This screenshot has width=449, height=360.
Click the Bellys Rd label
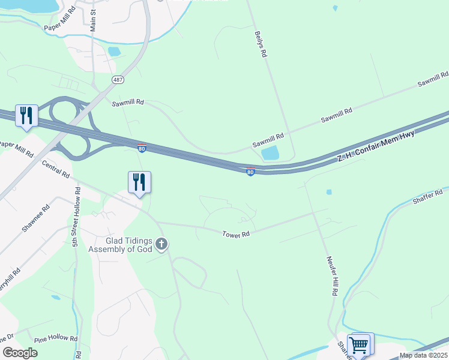pyautogui.click(x=260, y=44)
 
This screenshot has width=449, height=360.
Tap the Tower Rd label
pyautogui.click(x=236, y=235)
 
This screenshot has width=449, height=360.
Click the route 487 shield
pyautogui.click(x=118, y=79)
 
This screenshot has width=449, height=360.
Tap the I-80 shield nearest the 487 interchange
pyautogui.click(x=141, y=148)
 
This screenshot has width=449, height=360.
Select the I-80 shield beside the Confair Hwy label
pyautogui.click(x=250, y=172)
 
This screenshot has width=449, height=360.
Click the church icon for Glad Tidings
pyautogui.click(x=161, y=244)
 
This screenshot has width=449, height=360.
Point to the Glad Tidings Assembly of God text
pyautogui.click(x=118, y=245)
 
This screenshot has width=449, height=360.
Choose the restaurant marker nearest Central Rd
pyautogui.click(x=139, y=182)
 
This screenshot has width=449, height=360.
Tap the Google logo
pyautogui.click(x=20, y=353)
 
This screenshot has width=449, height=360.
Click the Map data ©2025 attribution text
pyautogui.click(x=423, y=355)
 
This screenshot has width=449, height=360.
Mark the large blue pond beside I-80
pyautogui.click(x=271, y=153)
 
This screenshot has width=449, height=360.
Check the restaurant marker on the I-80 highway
pyautogui.click(x=26, y=116)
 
